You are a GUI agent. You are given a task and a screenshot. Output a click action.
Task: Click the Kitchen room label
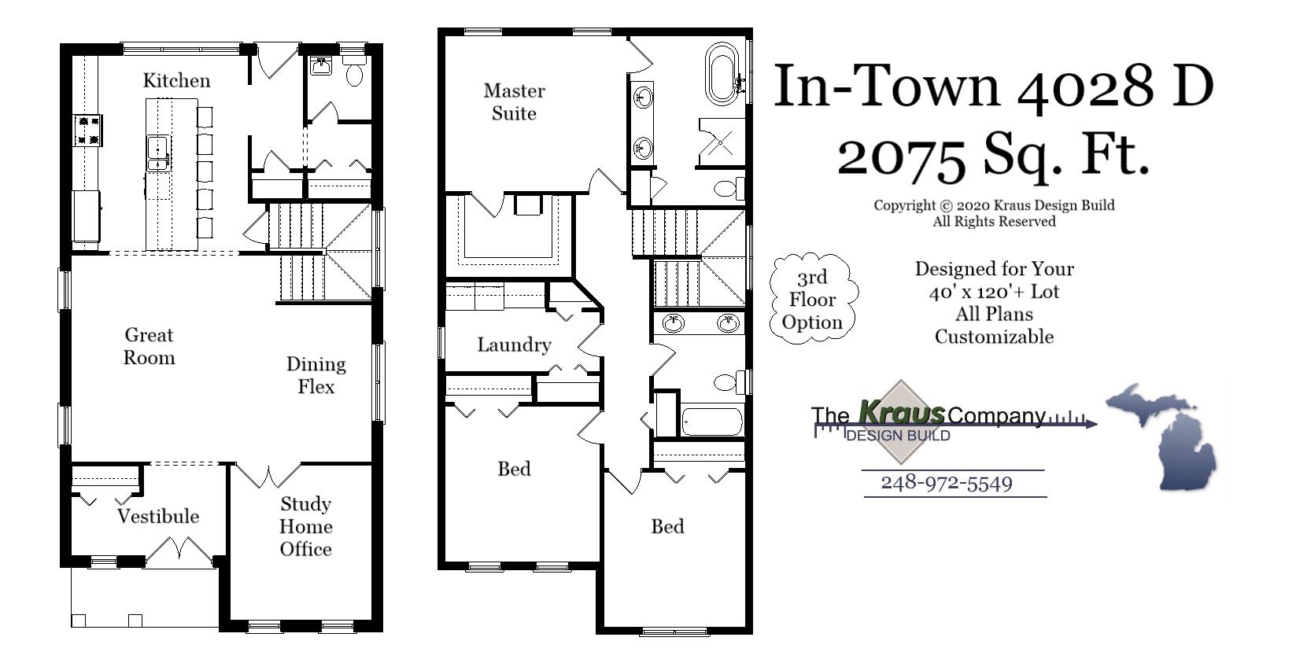(x=176, y=80)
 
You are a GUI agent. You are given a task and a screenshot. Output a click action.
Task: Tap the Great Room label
(x=149, y=346)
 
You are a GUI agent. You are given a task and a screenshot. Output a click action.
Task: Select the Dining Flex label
(x=316, y=375)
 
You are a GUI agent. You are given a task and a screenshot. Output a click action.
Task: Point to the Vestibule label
(x=158, y=516)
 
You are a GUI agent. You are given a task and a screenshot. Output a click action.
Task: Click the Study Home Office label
(x=306, y=526)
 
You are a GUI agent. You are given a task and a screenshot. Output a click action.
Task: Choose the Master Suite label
(x=514, y=101)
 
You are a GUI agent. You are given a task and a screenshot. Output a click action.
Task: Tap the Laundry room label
(x=514, y=344)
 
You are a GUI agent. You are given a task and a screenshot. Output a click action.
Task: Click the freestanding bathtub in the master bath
(x=722, y=74)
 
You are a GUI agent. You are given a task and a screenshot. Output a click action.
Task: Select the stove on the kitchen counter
(x=87, y=130)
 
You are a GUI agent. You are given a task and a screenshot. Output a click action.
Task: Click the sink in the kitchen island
(x=158, y=153)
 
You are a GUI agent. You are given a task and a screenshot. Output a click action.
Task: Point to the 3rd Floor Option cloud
(x=812, y=300)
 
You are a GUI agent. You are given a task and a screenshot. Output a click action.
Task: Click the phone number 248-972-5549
(x=946, y=482)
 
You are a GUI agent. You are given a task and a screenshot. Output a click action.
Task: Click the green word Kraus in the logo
(x=901, y=411)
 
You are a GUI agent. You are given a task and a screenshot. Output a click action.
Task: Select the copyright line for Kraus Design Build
(x=994, y=205)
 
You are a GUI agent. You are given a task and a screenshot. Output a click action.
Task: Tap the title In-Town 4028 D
(x=993, y=86)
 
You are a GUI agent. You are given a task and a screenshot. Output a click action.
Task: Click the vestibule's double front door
(x=179, y=551)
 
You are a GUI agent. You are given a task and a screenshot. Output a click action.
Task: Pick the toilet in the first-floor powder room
(x=355, y=72)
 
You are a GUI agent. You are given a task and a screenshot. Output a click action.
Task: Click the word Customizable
(x=994, y=337)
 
